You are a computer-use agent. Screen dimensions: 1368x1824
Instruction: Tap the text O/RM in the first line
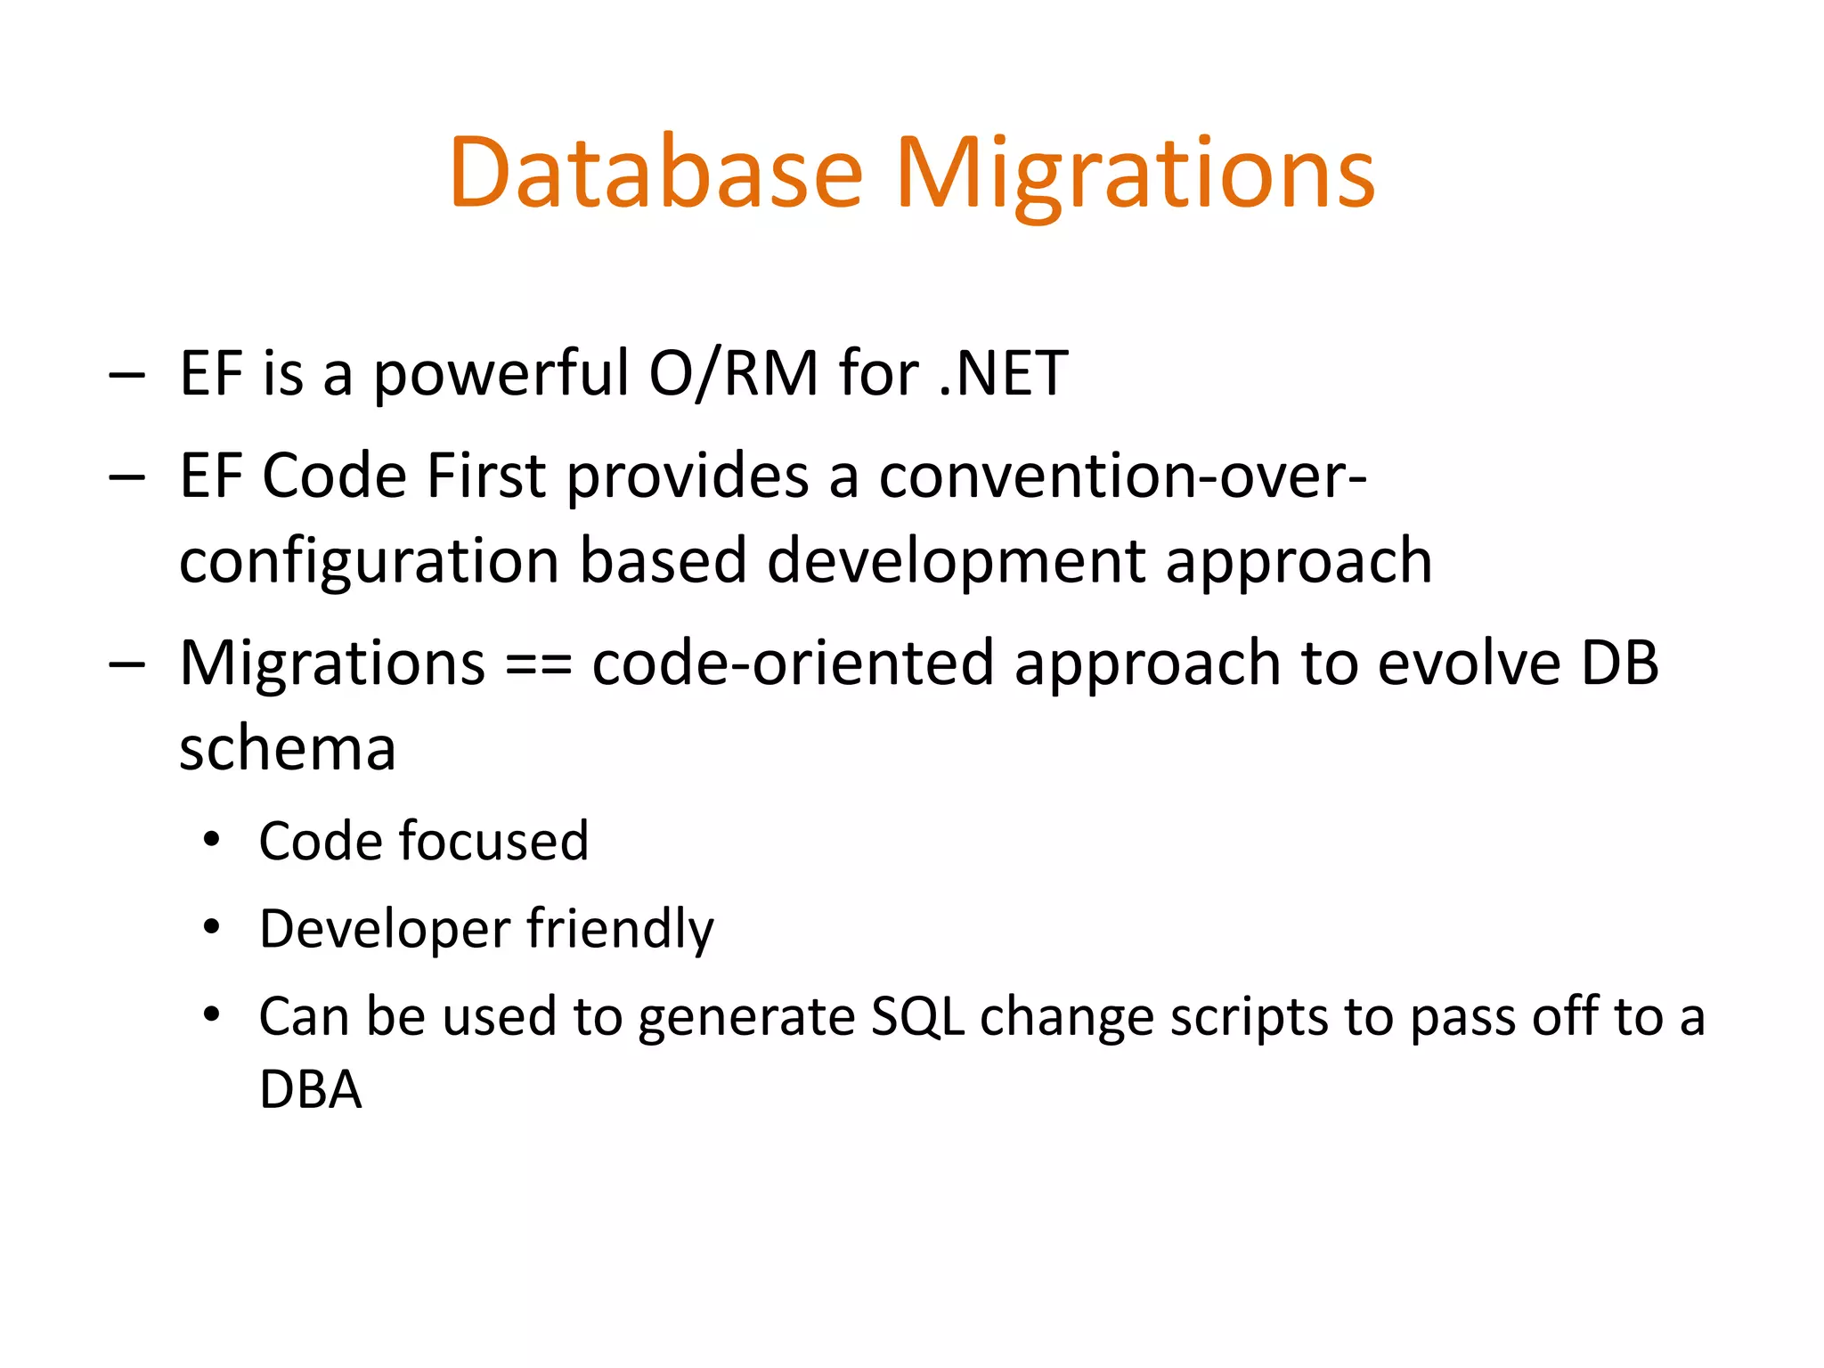tap(733, 373)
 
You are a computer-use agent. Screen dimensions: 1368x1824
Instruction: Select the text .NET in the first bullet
tap(1004, 373)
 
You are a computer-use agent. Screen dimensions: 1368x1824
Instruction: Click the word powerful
tap(501, 373)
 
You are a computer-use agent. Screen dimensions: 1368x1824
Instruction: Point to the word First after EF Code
tap(486, 476)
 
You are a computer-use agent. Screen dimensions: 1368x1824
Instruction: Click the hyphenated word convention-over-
tap(1122, 476)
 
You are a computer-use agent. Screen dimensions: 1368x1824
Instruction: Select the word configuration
tap(369, 561)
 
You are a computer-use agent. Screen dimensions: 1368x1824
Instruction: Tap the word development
tap(956, 561)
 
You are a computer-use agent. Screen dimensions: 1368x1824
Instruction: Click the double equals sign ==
tap(538, 664)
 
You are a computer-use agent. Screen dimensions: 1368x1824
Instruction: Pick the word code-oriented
tap(793, 664)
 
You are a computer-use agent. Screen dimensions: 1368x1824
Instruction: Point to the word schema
tap(287, 748)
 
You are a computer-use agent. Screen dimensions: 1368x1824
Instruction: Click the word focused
tap(493, 841)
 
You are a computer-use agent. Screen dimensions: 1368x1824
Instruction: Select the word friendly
tap(620, 929)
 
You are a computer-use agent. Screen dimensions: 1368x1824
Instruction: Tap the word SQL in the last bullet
tap(917, 1016)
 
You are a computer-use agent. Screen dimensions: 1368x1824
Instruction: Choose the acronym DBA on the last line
tap(310, 1089)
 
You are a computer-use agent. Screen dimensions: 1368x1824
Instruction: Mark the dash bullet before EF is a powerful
tap(126, 376)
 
